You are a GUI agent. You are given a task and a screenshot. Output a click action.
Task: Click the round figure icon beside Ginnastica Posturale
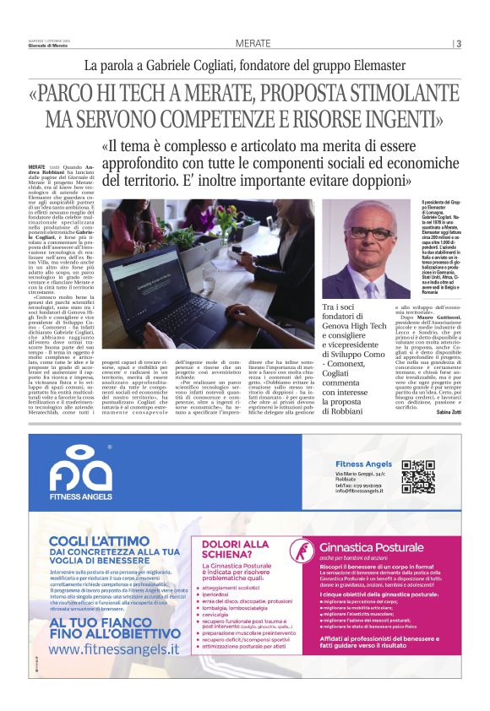297,551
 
